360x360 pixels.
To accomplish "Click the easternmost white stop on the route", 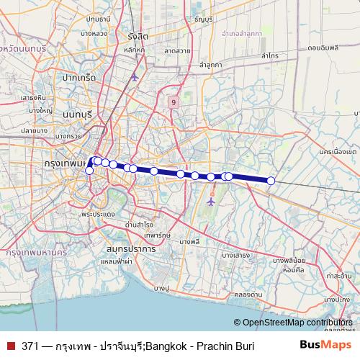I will tap(271, 181).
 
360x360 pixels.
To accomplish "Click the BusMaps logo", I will tap(326, 346).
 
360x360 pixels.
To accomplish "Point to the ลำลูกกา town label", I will tap(212, 65).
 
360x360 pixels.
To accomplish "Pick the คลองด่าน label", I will tap(247, 294).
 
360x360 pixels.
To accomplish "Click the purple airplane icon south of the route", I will tap(210, 201).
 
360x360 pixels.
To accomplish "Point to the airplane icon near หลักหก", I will tap(135, 76).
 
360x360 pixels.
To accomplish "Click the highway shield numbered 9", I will tap(173, 102).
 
